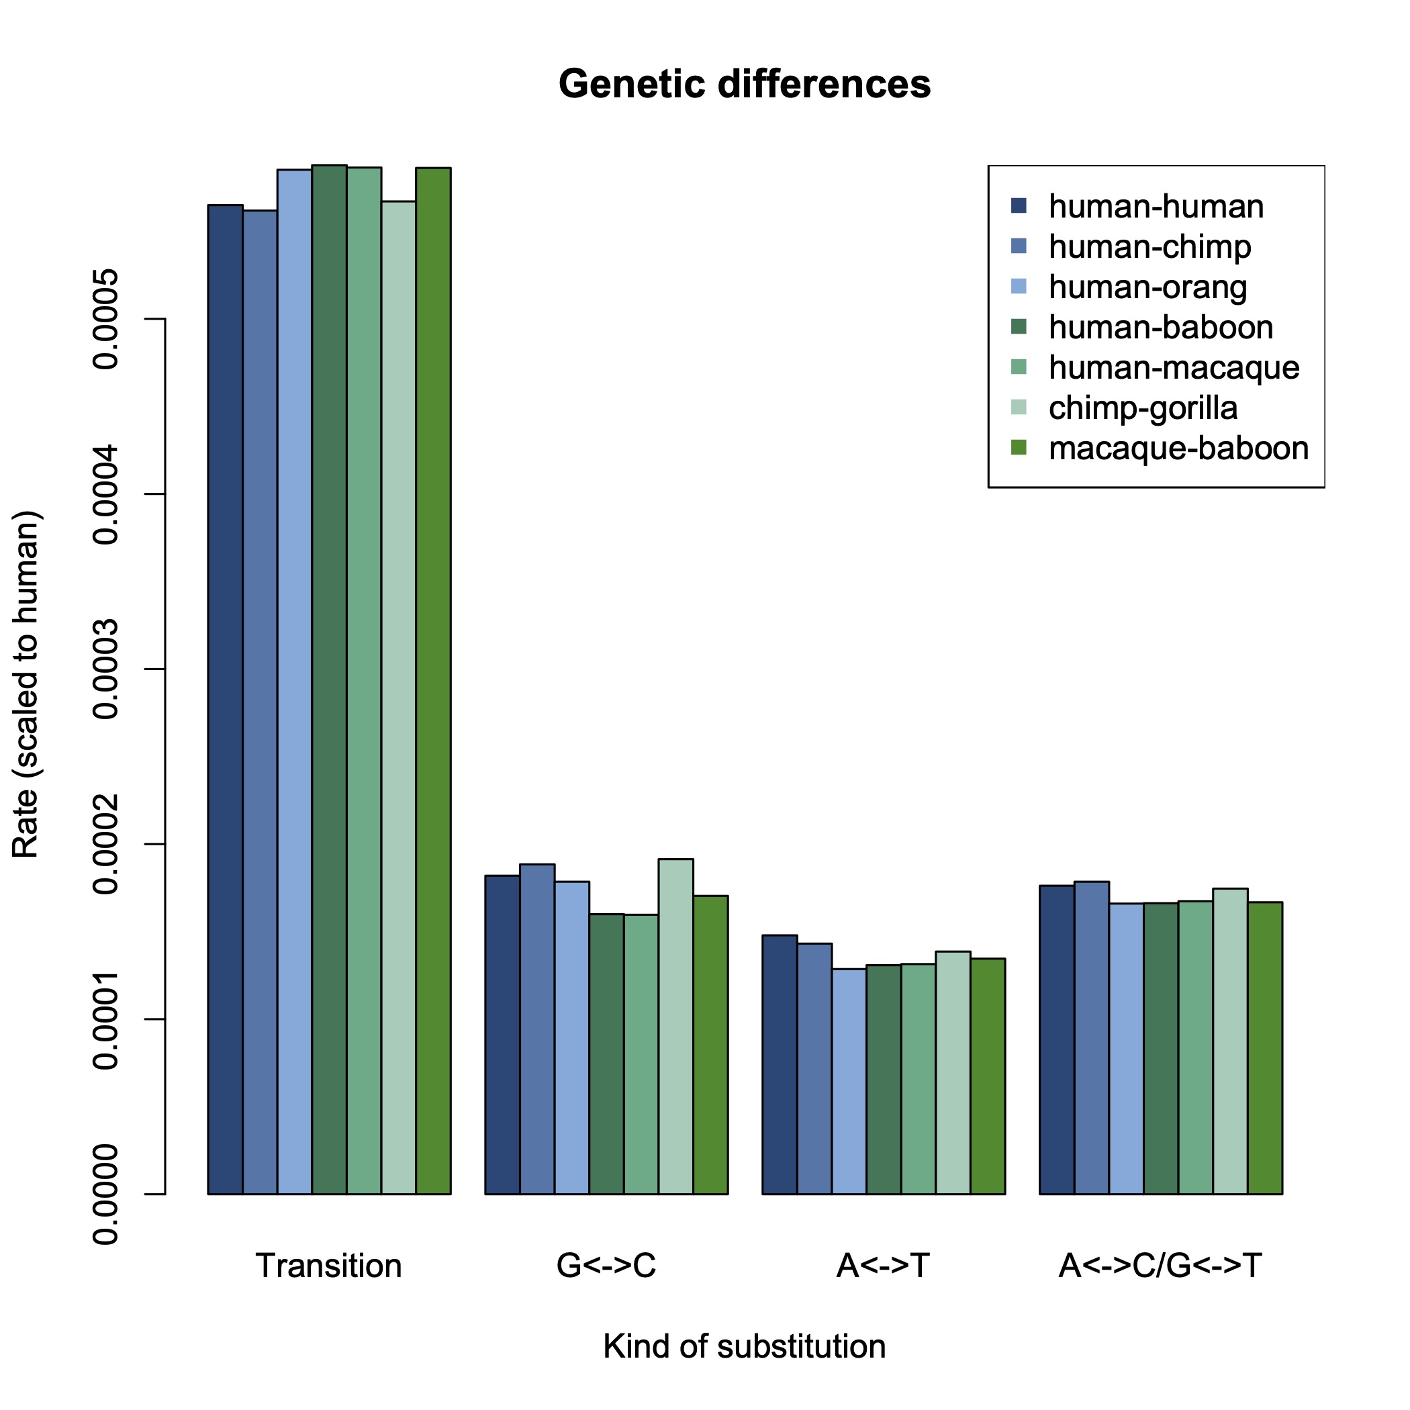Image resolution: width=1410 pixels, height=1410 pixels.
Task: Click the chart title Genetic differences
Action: [744, 84]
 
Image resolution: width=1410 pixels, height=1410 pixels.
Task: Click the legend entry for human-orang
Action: [1147, 287]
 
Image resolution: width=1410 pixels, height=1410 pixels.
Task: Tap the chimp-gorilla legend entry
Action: [1143, 408]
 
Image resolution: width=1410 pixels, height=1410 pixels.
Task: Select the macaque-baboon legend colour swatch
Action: [1019, 448]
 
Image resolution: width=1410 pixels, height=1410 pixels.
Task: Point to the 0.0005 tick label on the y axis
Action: [107, 319]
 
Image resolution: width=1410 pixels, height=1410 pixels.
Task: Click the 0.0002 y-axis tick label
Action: [107, 845]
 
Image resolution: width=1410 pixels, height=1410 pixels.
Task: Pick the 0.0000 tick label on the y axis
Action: [107, 1194]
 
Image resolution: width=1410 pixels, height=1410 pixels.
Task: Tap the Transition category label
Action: [328, 1266]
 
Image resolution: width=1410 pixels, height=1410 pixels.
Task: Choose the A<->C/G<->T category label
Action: [1160, 1266]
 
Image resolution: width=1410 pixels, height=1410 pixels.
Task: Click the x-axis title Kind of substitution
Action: [744, 1346]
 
